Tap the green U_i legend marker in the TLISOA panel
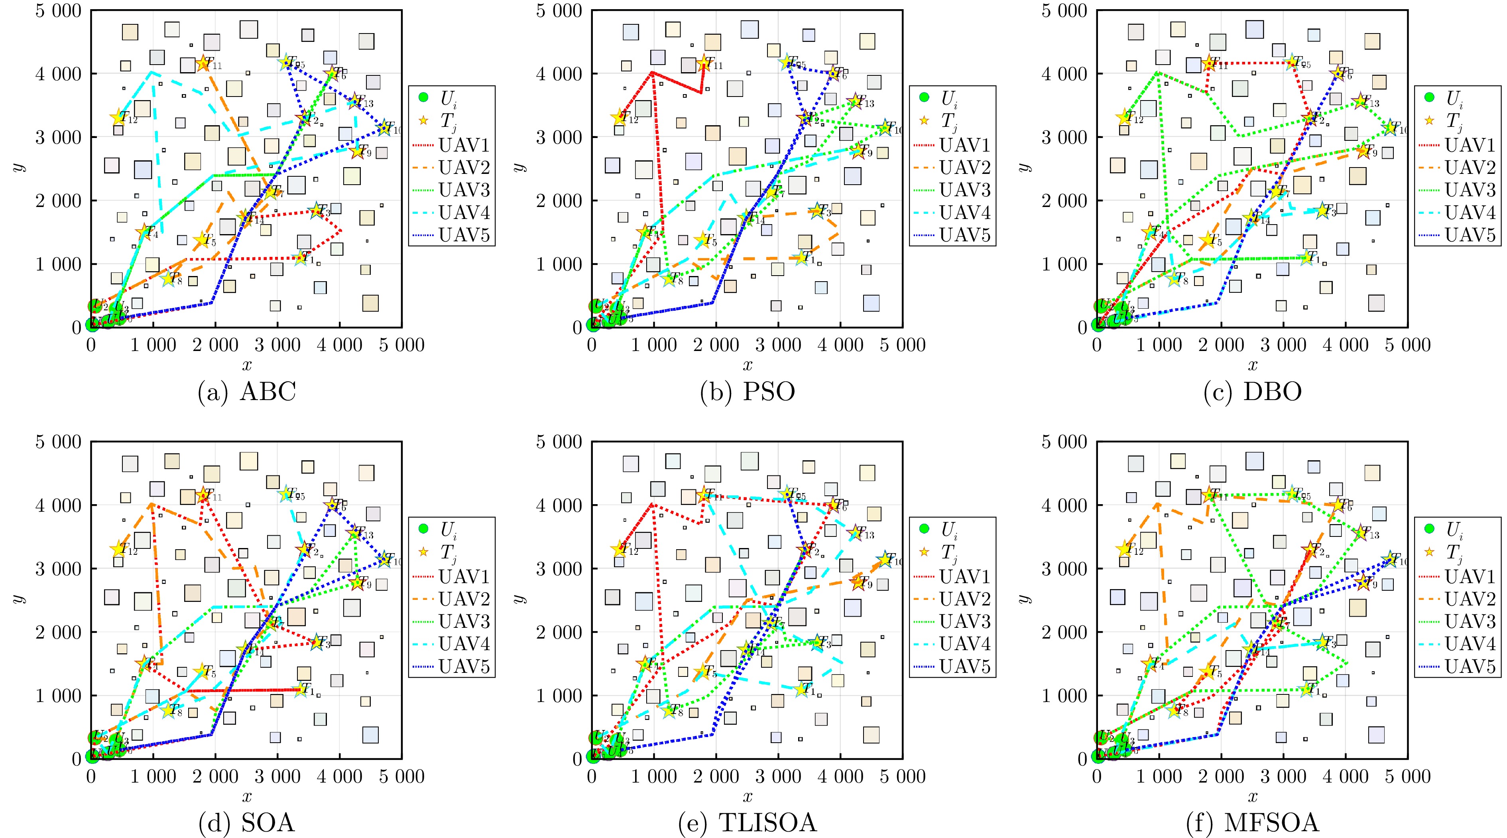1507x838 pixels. point(924,529)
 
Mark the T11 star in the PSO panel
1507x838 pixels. point(703,63)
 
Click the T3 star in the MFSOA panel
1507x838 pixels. point(1321,642)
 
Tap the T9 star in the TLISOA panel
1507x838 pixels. point(858,582)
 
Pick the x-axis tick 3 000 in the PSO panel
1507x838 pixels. point(778,345)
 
